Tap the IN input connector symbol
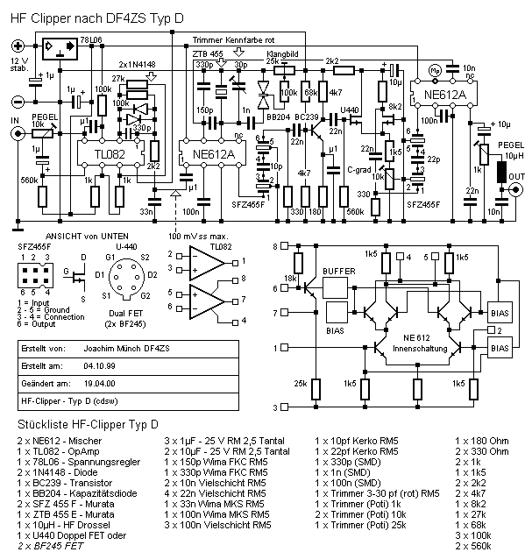(14, 134)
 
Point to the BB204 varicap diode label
(277, 116)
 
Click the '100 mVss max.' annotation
(199, 237)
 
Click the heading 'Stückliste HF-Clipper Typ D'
(83, 422)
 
